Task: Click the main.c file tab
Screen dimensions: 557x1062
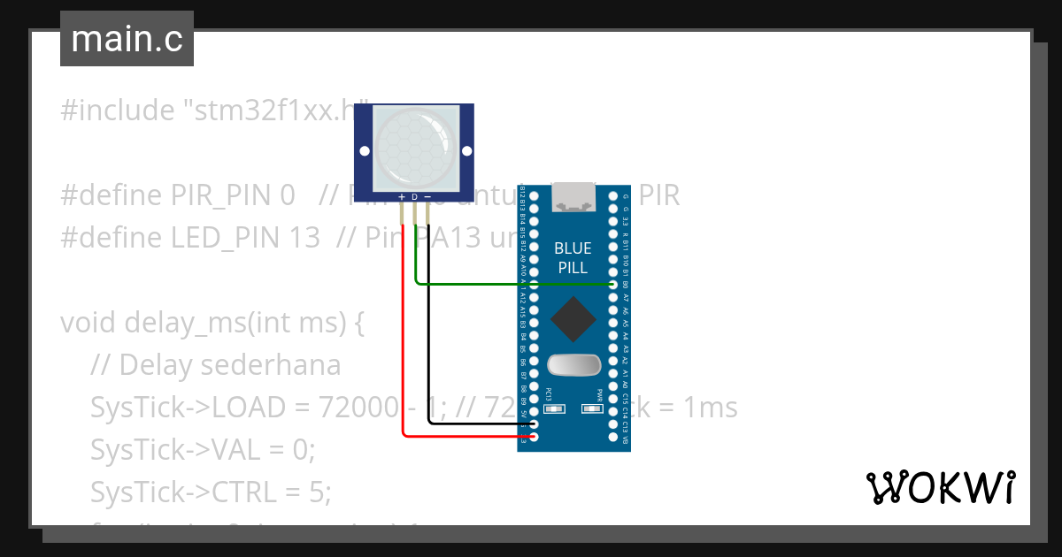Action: [x=127, y=40]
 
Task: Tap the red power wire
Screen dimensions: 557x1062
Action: [x=404, y=354]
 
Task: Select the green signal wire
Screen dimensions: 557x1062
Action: [x=513, y=285]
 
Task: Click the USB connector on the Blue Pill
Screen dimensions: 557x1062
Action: [x=574, y=198]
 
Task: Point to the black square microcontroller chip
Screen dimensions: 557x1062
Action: [x=574, y=320]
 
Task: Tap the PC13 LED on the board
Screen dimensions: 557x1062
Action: [x=550, y=408]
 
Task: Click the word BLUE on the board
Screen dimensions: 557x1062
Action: [x=573, y=248]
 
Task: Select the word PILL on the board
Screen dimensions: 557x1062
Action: [x=573, y=268]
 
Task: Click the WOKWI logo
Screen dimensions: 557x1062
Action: [x=940, y=487]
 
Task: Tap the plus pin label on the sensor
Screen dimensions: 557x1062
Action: [x=402, y=196]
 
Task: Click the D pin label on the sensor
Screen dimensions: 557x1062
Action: [x=414, y=196]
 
